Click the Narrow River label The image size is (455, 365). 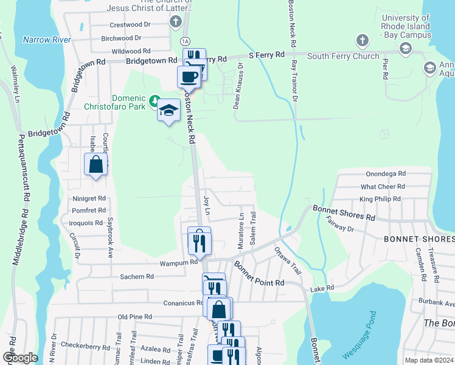tap(47, 40)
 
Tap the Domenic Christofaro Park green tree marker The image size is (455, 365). tap(155, 99)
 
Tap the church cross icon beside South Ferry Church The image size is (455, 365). tap(362, 41)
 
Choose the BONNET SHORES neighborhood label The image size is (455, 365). tap(416, 239)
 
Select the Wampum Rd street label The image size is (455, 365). tap(179, 262)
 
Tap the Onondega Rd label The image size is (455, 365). tap(386, 173)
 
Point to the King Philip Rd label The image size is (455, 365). tap(380, 199)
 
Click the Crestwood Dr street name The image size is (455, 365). tap(130, 25)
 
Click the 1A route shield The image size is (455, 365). tap(185, 40)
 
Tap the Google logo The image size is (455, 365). tap(19, 357)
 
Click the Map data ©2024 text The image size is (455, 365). tap(428, 360)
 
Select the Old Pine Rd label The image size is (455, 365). tap(134, 317)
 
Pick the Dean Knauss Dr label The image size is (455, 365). tap(240, 85)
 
